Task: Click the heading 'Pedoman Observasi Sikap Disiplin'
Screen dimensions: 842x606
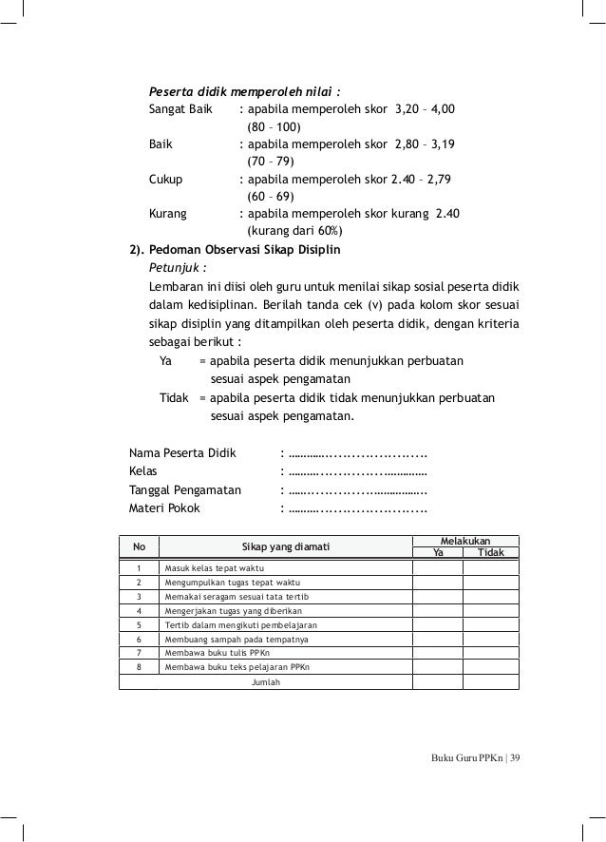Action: (244, 251)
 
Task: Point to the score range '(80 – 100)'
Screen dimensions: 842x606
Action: (274, 126)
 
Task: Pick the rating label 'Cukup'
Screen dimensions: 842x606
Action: (166, 179)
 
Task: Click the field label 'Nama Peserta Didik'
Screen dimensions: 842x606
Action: (181, 451)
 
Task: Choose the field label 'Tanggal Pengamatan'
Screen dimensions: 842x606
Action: (185, 490)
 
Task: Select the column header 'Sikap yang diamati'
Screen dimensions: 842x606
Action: (285, 545)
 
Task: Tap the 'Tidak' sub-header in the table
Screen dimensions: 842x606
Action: (491, 552)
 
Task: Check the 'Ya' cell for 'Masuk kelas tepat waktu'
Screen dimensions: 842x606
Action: (437, 568)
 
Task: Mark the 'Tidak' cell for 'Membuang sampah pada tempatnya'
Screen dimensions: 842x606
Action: (491, 641)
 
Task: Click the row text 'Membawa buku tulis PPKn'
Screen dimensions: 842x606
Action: (218, 655)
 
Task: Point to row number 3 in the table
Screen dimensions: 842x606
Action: (139, 597)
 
